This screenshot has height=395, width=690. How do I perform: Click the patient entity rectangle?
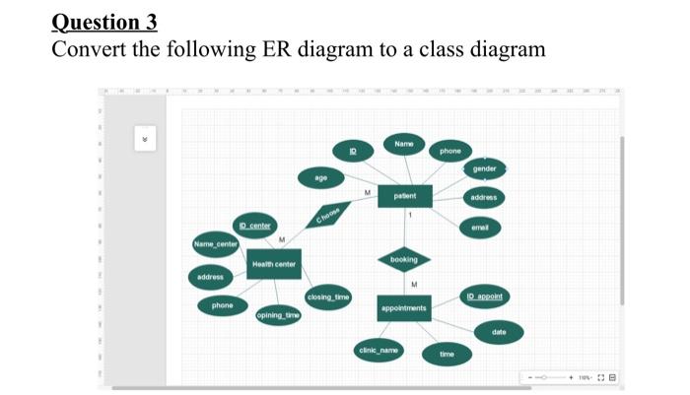[404, 197]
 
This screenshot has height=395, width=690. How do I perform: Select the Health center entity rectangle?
[273, 264]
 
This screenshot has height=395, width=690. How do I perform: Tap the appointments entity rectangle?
[403, 308]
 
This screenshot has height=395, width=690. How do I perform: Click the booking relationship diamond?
[404, 259]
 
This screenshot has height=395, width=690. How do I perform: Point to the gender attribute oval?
[484, 168]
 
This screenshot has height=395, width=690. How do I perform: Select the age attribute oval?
[321, 178]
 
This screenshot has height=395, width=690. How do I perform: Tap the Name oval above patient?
[403, 145]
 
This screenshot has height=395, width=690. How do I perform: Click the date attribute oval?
[500, 332]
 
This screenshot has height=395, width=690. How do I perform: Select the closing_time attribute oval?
[327, 296]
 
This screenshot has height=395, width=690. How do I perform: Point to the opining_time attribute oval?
[278, 315]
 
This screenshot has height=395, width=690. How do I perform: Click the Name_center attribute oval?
[216, 243]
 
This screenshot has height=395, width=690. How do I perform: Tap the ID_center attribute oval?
[252, 227]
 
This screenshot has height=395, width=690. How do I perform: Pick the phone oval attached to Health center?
[223, 306]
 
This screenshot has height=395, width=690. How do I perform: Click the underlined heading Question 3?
[103, 22]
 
